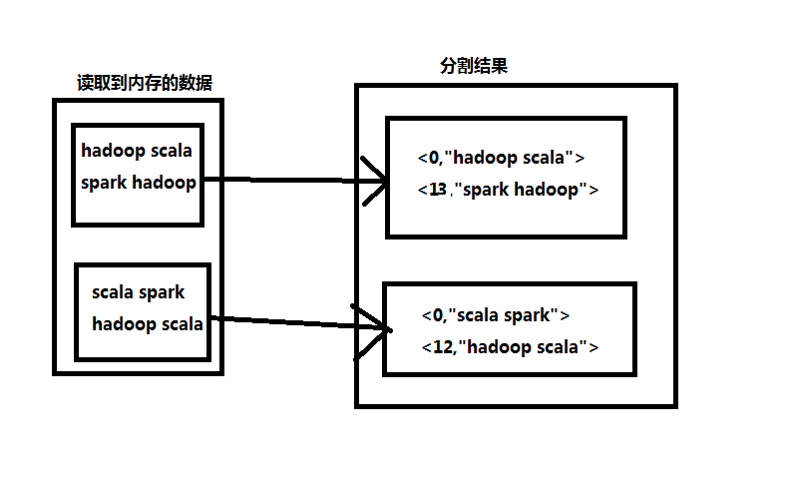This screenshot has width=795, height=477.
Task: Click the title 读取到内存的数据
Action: point(144,83)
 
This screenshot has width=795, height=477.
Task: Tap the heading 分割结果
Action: point(475,66)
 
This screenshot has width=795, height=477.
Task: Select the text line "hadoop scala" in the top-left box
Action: point(137,152)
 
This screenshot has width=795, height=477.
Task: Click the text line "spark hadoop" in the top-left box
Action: point(138,183)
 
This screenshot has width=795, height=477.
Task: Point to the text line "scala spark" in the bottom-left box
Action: point(138,292)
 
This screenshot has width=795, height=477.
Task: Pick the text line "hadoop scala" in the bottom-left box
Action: point(148,323)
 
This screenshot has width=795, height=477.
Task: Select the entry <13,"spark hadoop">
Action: point(508,190)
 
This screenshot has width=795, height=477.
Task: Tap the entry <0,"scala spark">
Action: point(495,315)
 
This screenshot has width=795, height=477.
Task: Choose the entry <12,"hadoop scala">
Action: point(510,347)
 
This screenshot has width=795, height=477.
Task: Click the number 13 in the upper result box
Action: point(437,190)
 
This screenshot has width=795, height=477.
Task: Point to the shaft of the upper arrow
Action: point(289,181)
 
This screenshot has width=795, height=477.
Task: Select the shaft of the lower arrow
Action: point(289,322)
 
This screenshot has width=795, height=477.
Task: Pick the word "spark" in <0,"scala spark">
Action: point(527,315)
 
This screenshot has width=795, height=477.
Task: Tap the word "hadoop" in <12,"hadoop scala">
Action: point(499,347)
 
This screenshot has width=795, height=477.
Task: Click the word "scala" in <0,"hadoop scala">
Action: point(545,158)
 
